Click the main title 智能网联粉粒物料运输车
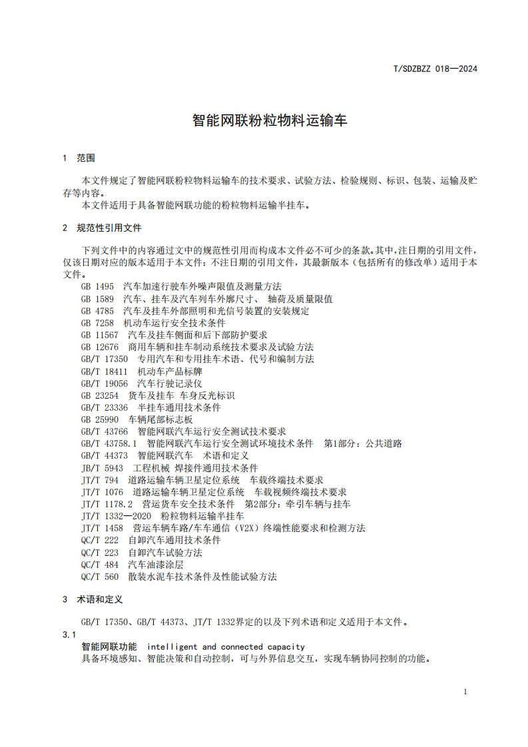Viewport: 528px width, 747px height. [270, 121]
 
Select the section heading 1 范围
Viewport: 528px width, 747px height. [79, 158]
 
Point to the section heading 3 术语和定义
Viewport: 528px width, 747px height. [93, 599]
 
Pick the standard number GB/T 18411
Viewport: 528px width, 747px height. [104, 372]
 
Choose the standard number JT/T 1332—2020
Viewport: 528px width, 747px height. [117, 516]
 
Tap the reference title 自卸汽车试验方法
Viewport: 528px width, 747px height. [165, 553]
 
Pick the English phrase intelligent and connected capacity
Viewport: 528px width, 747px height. [226, 646]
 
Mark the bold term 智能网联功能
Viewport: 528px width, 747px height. [109, 646]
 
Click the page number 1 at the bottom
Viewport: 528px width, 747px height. [465, 692]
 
